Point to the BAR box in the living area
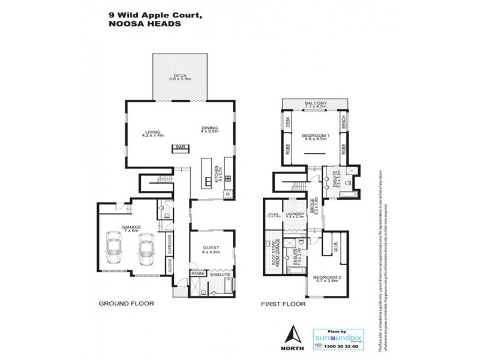[179, 147]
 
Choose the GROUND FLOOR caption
[126, 304]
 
